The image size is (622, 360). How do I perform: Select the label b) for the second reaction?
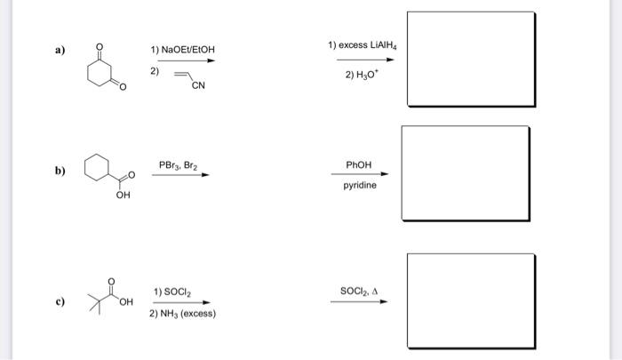60,172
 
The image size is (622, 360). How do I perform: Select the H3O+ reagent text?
362,75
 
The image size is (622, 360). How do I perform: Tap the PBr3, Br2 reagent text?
179,165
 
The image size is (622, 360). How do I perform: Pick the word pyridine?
360,187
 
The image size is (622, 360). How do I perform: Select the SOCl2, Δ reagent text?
359,291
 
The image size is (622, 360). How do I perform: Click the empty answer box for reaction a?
471,59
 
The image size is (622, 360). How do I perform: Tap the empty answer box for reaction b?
465,176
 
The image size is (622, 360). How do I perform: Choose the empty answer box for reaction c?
471,302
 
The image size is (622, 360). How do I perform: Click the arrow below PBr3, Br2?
180,175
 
